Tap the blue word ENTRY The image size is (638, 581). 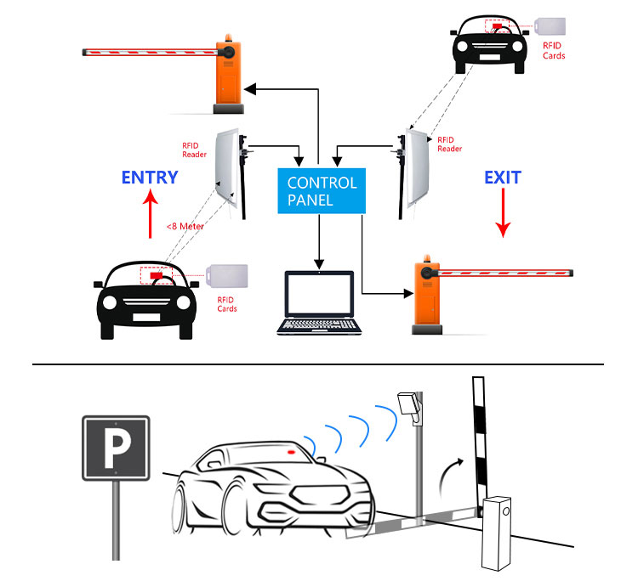tap(150, 178)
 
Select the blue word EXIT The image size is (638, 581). tap(503, 178)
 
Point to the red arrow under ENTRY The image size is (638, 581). tap(150, 215)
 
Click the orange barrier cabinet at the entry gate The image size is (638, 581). tap(230, 73)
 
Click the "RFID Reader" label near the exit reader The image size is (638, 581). tap(449, 144)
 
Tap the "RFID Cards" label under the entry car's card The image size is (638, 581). tap(226, 304)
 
